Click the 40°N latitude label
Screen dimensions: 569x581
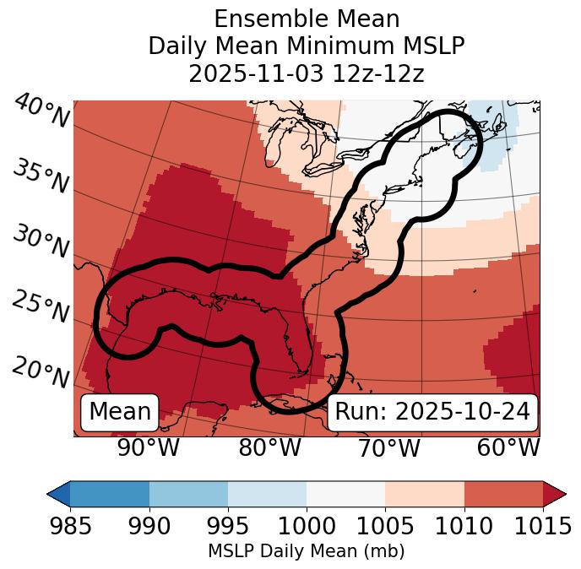coord(41,111)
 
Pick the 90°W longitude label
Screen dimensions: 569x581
coord(148,448)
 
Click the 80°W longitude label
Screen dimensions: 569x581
coord(269,448)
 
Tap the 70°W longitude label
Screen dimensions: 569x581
coord(389,448)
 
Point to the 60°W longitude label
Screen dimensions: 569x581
coord(508,448)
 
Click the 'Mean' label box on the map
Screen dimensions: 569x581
coord(120,412)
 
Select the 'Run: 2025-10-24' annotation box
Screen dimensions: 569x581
coord(432,412)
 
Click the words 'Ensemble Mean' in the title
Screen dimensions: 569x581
coord(307,19)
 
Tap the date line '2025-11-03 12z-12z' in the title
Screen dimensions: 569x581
coord(307,73)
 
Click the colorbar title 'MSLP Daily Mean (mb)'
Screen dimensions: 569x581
coord(307,551)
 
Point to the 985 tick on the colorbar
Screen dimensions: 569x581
coord(70,527)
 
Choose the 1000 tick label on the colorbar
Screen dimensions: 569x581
coord(307,527)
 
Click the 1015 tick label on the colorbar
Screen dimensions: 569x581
coord(543,527)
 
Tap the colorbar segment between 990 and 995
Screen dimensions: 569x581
coord(188,493)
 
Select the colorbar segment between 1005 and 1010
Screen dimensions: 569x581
coord(425,493)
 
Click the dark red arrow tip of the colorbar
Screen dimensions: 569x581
coord(556,493)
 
